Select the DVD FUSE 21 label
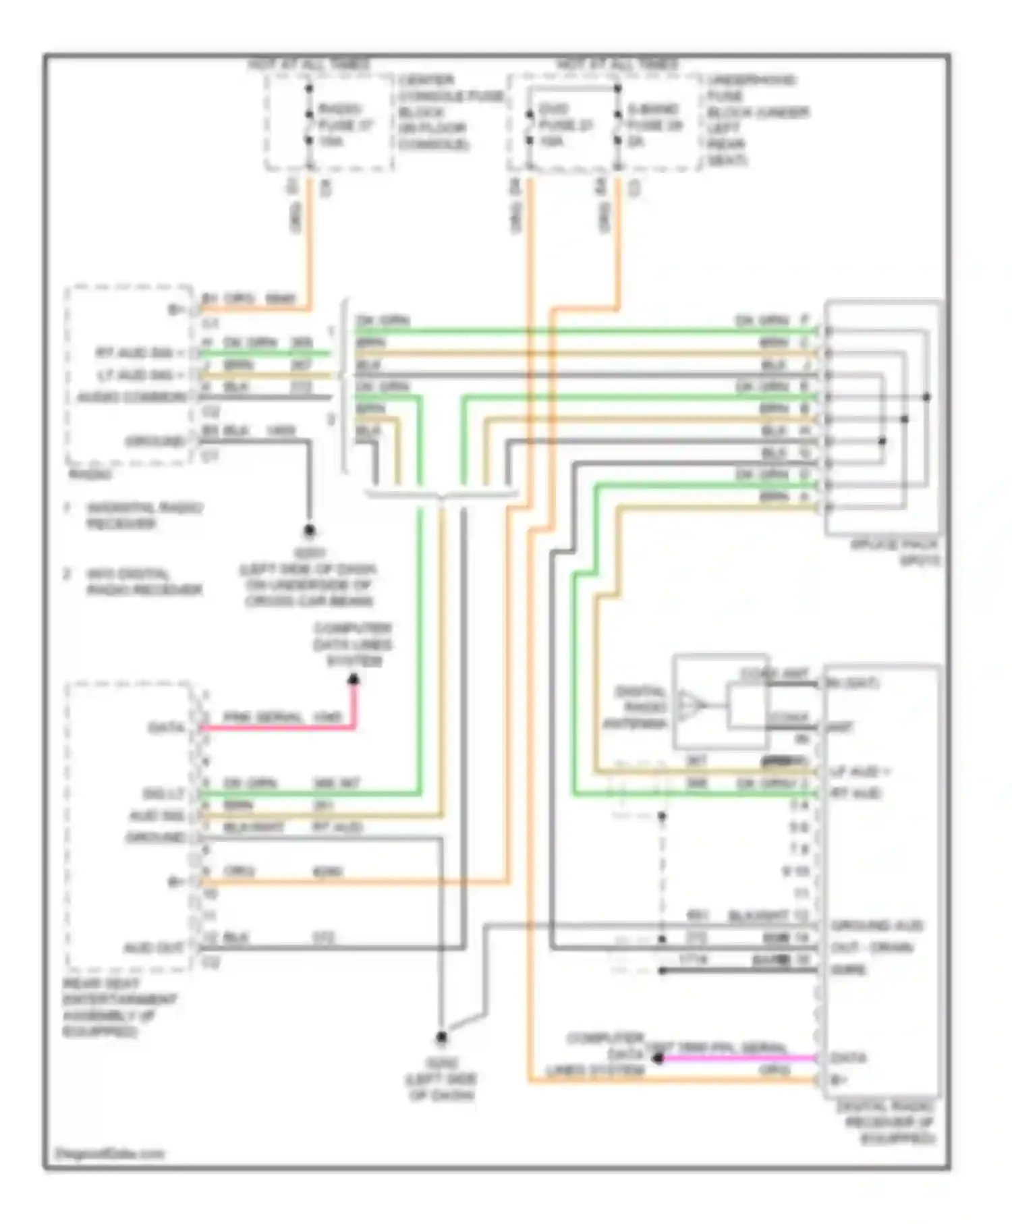pos(565,125)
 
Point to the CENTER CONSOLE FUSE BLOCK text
pos(449,112)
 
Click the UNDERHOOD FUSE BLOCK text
pos(756,119)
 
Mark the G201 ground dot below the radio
pos(309,531)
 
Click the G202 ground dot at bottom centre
pos(441,1037)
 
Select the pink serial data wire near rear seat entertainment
pos(277,727)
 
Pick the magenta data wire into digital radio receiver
pos(735,1058)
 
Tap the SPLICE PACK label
pos(895,551)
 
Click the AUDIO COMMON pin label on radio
pos(132,397)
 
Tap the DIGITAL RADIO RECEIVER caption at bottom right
pos(885,1122)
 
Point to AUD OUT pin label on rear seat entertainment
pos(153,947)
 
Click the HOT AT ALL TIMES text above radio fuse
pos(308,65)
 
